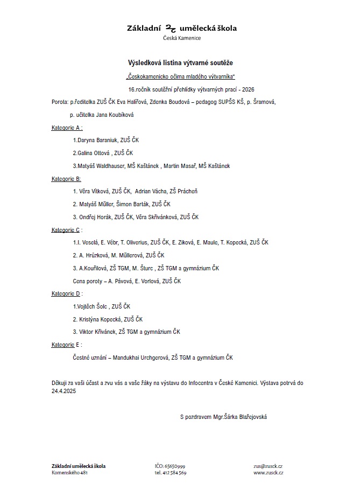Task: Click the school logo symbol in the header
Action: click(x=171, y=28)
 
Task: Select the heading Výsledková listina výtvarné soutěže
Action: click(x=180, y=64)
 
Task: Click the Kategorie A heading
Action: click(x=66, y=128)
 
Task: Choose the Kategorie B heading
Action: click(x=66, y=178)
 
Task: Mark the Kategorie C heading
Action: click(x=66, y=230)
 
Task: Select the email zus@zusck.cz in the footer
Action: click(x=269, y=466)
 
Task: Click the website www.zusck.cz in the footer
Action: click(x=269, y=473)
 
